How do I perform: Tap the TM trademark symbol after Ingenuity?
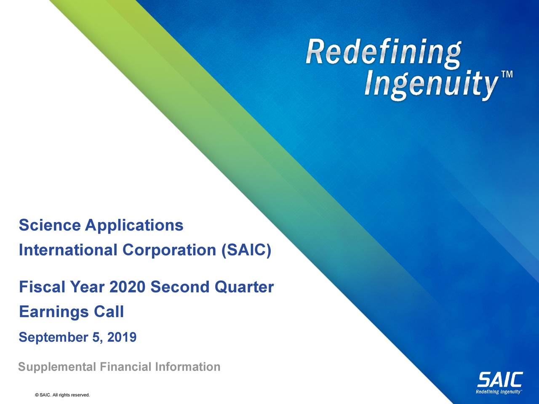[x=507, y=74]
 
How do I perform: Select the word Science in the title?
[x=49, y=226]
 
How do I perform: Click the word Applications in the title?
[x=134, y=226]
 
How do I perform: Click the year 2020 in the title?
[x=127, y=288]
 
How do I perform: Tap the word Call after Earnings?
[x=109, y=312]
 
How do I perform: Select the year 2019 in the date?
[x=122, y=338]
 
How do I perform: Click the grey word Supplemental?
[x=57, y=367]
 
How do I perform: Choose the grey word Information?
[x=187, y=367]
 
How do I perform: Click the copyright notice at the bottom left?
[x=63, y=395]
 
